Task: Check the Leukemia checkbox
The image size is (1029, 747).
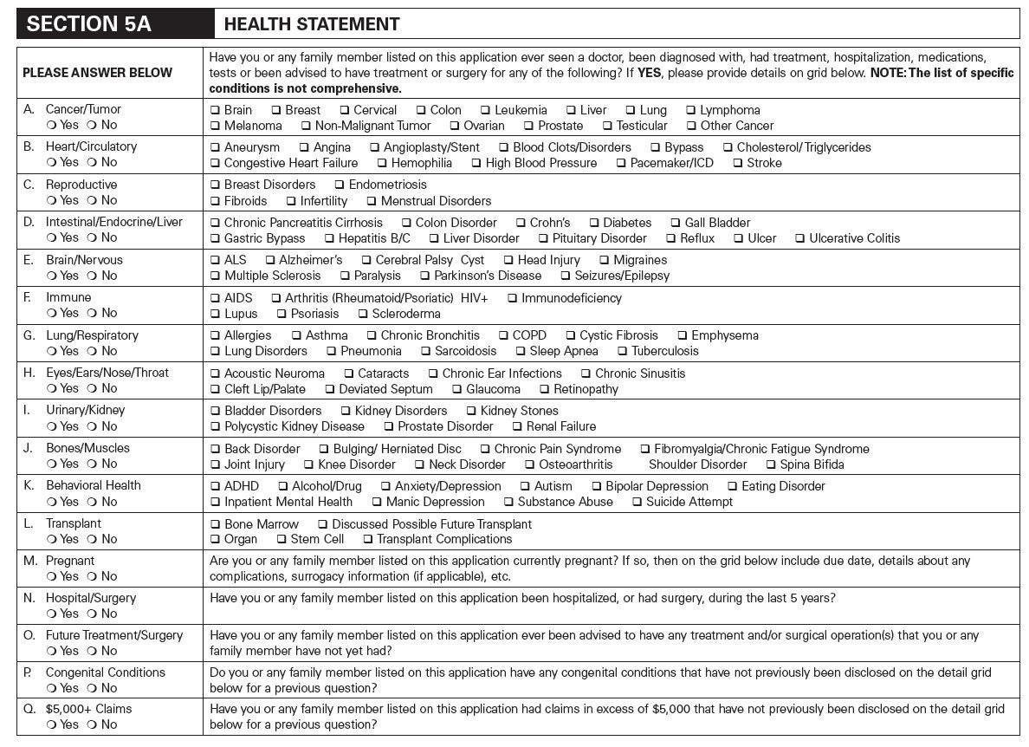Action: (487, 110)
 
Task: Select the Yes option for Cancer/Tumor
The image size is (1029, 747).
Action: (52, 125)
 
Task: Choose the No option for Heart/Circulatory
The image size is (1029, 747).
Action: (92, 162)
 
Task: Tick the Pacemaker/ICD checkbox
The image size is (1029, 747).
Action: (621, 163)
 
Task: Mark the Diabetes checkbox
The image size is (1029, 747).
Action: (594, 223)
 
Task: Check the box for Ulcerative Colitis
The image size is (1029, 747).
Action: (800, 238)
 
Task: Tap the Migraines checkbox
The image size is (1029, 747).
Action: (605, 260)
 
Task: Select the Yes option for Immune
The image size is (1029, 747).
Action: (52, 313)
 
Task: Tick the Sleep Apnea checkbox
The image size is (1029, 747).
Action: (521, 351)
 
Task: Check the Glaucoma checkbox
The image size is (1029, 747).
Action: (457, 389)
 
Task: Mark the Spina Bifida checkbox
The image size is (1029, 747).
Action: (771, 464)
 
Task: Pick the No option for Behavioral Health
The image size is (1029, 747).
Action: (92, 502)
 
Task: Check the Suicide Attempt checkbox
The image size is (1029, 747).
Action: (637, 502)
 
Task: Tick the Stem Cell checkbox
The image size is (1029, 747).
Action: (282, 539)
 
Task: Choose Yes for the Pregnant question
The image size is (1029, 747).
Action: (52, 576)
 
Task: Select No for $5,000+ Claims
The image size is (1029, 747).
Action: (92, 724)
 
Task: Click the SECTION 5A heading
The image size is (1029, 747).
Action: (89, 23)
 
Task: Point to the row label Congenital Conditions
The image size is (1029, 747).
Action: (105, 672)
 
